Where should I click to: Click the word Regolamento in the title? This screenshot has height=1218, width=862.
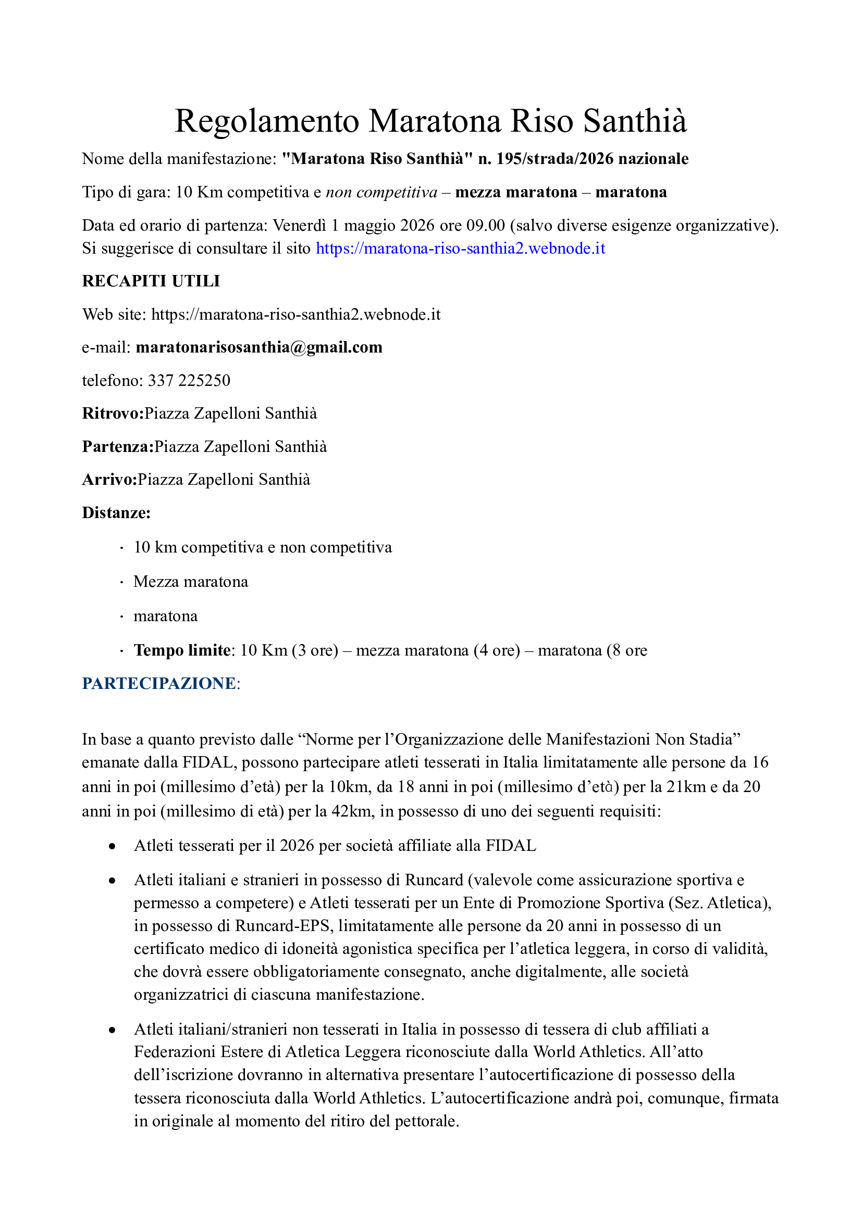click(x=267, y=121)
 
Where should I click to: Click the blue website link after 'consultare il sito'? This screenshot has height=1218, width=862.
click(x=460, y=248)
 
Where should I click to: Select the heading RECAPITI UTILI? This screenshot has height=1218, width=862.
click(x=151, y=281)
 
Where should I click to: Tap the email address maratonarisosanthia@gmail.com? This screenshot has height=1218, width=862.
click(x=259, y=347)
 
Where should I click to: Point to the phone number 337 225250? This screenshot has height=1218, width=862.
click(x=189, y=380)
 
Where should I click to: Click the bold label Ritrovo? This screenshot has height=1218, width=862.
click(x=113, y=413)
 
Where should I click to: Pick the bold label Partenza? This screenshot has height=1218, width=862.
click(x=118, y=447)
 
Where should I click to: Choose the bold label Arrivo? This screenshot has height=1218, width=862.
click(x=110, y=480)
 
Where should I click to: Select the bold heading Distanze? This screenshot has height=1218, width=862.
click(x=116, y=513)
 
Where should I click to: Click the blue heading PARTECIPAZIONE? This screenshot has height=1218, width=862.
click(x=159, y=684)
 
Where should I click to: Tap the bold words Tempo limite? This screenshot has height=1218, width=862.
click(x=182, y=650)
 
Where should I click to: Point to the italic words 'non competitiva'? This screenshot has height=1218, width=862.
click(x=381, y=192)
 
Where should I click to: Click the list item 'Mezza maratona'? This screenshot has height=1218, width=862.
click(x=191, y=582)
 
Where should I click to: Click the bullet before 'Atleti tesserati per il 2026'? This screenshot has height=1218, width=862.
click(x=112, y=847)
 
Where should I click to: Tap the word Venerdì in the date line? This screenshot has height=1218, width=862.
click(x=299, y=225)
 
